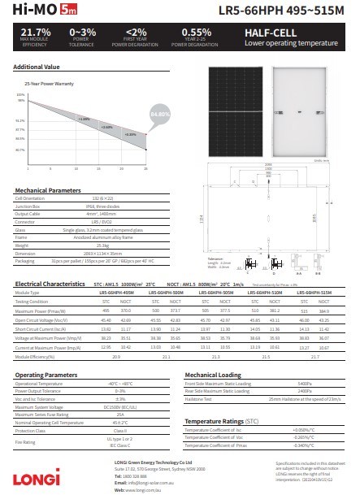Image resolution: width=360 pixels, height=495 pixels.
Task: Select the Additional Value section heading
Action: pos(37,66)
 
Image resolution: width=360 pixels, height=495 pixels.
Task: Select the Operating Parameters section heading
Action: pos(46,374)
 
